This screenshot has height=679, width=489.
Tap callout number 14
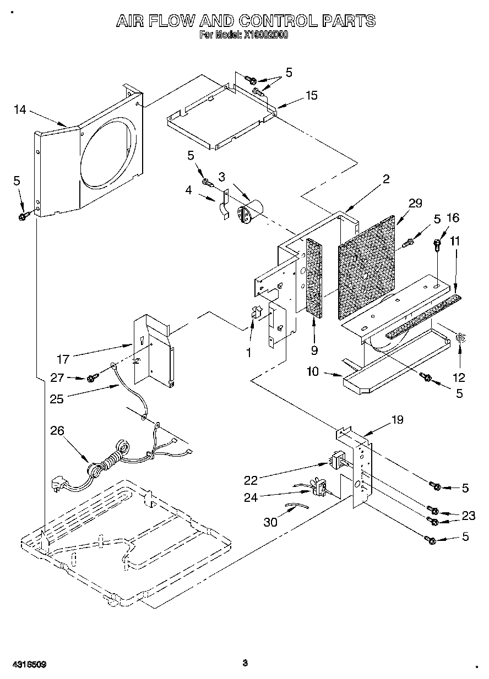click(20, 110)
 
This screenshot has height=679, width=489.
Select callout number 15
click(311, 96)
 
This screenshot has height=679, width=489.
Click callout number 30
click(270, 522)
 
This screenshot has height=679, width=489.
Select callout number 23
click(468, 516)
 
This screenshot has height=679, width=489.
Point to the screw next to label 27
click(93, 377)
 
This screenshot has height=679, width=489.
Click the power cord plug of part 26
click(57, 484)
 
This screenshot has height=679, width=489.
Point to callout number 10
click(312, 373)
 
